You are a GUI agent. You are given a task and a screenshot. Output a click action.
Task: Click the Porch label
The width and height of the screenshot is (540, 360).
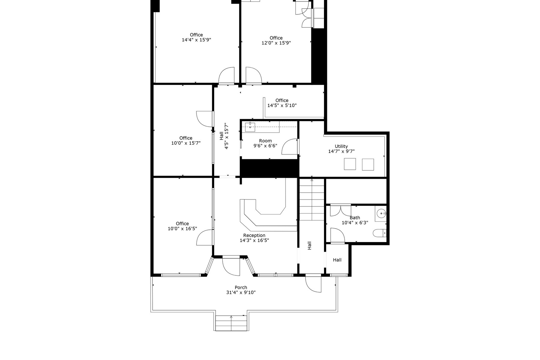click(241, 287)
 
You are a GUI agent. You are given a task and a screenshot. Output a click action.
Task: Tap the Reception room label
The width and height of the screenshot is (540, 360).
click(254, 235)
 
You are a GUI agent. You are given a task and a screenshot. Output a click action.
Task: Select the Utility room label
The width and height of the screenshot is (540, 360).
click(341, 146)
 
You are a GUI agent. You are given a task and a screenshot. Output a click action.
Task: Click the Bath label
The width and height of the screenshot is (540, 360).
click(355, 218)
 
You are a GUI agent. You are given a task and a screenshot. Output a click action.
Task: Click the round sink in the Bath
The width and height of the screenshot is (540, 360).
click(381, 214)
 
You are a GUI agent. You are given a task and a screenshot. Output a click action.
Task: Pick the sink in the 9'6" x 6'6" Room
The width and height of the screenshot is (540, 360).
click(250, 127)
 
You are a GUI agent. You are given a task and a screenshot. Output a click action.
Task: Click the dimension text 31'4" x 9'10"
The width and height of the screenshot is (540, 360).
click(241, 292)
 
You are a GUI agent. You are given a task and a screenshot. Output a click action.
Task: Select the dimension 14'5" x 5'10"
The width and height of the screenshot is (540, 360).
click(282, 105)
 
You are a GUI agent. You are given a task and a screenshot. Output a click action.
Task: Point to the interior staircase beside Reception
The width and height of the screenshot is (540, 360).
click(312, 199)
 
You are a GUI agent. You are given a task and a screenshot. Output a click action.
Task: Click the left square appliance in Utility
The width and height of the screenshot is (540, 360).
click(350, 164)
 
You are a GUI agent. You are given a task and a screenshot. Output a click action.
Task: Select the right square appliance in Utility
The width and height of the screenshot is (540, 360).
click(368, 164)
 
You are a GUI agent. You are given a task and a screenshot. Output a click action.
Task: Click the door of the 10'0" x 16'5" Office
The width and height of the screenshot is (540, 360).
click(205, 238)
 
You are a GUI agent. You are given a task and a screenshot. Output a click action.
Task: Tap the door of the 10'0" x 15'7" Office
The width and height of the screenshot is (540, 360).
click(205, 119)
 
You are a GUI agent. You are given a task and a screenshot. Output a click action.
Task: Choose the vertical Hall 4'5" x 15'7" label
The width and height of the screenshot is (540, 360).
click(224, 136)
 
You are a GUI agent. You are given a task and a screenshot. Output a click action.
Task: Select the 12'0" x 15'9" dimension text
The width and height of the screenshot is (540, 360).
click(276, 43)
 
